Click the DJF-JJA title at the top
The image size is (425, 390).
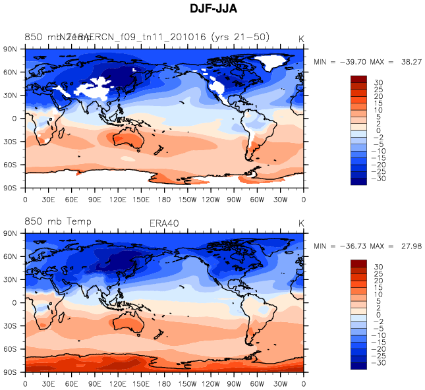[212, 9]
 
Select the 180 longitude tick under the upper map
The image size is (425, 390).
[165, 199]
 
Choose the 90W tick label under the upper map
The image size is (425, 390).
[234, 199]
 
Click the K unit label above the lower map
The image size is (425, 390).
[301, 223]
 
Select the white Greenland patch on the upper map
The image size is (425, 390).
[275, 63]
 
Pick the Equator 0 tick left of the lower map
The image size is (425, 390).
[14, 302]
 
